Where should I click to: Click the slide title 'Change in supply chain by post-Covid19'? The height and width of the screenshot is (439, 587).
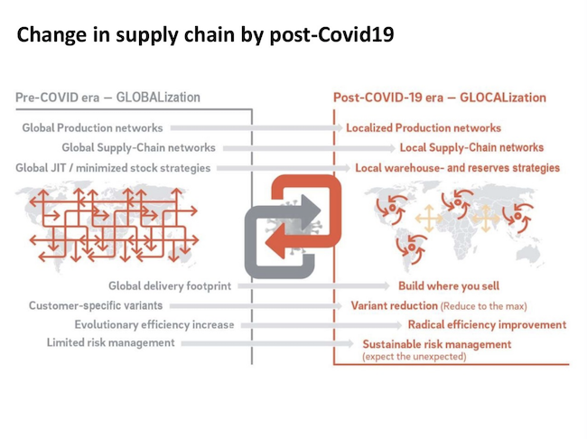point(205,37)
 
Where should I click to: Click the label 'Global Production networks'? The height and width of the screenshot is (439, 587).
point(93,128)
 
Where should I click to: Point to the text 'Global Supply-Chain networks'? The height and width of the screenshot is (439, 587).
point(138,147)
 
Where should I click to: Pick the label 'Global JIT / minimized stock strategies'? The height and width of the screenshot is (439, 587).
point(113,167)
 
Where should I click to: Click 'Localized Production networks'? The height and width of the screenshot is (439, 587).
point(424,128)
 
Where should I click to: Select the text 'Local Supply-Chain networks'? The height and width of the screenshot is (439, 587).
point(471,147)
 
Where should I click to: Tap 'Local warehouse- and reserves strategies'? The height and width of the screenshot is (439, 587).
point(457,167)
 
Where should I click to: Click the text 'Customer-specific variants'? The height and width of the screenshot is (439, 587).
point(87,305)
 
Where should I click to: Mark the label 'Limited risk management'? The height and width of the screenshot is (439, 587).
point(111,343)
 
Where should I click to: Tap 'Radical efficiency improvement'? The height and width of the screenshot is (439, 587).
point(487,324)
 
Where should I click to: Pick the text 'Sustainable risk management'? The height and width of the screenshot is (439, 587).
point(436,344)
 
